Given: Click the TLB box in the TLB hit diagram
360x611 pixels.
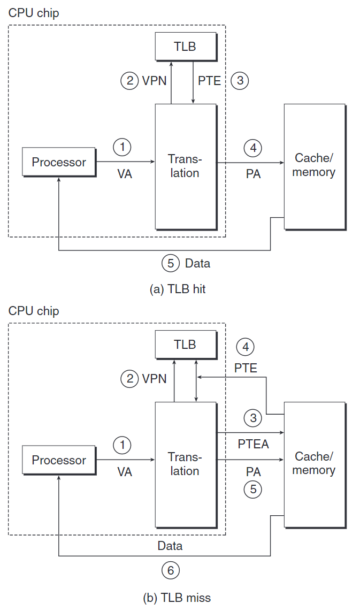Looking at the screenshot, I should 185,47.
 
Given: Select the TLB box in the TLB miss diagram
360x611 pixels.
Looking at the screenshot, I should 185,345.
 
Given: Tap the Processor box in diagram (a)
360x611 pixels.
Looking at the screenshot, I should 59,162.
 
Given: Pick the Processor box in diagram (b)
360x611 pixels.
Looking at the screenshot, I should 59,460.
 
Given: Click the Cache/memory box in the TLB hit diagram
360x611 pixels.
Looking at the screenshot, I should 314,166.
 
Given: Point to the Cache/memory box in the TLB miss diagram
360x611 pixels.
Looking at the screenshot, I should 314,464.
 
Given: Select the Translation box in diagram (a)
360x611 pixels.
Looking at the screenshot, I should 185,166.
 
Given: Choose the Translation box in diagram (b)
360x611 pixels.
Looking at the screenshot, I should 185,464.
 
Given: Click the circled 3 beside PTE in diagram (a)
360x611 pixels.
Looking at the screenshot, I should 240,81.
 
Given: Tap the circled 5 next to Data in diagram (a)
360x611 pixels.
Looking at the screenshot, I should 171,263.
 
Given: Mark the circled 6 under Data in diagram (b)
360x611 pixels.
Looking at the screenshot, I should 171,570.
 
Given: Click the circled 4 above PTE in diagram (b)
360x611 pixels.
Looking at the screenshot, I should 246,347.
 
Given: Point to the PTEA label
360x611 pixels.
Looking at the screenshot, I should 253,444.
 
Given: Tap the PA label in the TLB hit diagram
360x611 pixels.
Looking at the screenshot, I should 253,173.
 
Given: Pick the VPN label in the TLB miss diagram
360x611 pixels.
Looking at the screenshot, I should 154,379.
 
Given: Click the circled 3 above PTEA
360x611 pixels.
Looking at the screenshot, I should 253,417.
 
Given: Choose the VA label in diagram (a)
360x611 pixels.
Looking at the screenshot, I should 124,173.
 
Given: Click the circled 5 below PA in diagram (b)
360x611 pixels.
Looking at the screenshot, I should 253,489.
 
